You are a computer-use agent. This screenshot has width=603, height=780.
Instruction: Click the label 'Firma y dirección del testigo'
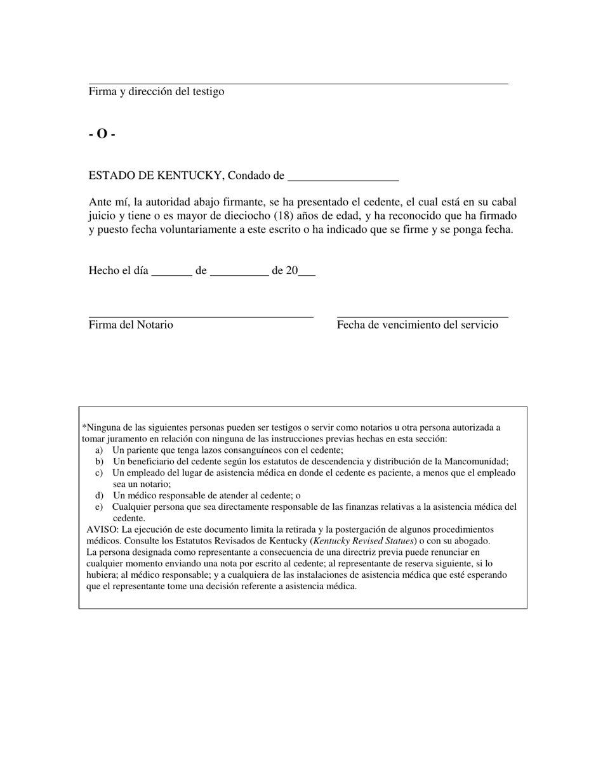click(x=156, y=91)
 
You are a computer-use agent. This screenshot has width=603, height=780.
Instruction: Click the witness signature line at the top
click(x=298, y=83)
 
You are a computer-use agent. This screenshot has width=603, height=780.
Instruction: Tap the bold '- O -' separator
click(x=102, y=134)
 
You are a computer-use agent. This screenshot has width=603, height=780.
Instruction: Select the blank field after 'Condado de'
click(x=343, y=178)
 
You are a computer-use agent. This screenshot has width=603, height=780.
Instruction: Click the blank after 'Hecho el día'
click(x=172, y=273)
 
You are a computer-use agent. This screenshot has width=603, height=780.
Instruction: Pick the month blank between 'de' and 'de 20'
click(x=239, y=273)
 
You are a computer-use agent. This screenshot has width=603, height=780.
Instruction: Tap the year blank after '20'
click(x=307, y=273)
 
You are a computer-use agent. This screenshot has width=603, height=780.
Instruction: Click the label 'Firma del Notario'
click(x=131, y=325)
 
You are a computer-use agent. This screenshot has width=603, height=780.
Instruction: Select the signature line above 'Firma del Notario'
click(x=201, y=316)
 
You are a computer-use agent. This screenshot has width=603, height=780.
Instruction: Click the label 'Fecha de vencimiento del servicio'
click(x=417, y=325)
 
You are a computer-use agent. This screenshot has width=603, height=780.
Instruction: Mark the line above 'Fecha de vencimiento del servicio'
click(x=422, y=316)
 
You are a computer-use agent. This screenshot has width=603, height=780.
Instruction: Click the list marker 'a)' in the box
click(x=99, y=450)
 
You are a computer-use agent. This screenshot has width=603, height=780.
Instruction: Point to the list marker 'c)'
click(x=99, y=473)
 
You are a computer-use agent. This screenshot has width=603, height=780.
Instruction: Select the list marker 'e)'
click(x=99, y=507)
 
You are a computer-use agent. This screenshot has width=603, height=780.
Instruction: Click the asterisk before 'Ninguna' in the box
click(x=84, y=427)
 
